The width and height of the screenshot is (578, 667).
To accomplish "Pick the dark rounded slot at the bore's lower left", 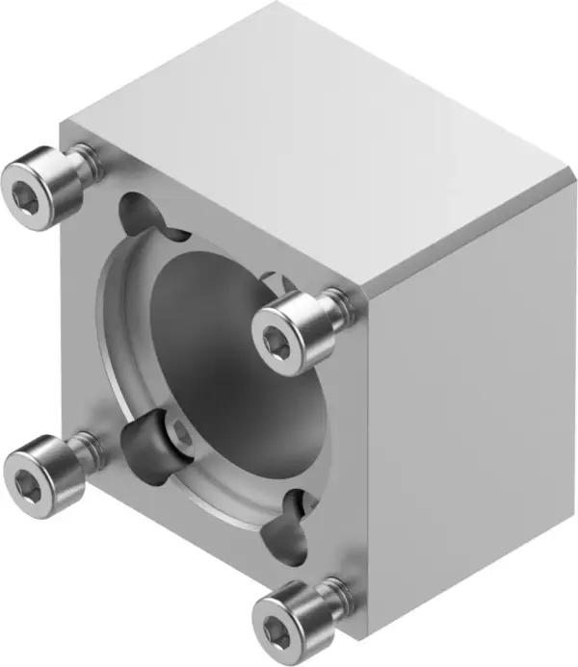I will coord(143,443).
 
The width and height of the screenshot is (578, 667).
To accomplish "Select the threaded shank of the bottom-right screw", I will coord(332,589).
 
